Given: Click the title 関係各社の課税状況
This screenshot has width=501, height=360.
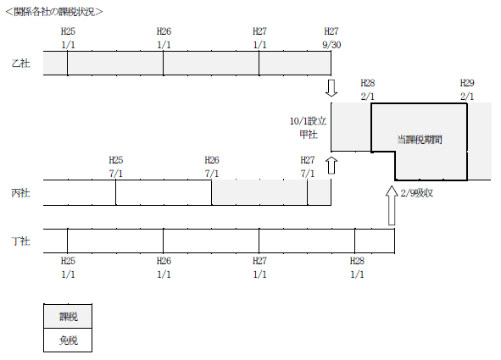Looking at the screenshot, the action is (54, 12).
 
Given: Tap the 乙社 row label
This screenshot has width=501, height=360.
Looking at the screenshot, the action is (20, 64).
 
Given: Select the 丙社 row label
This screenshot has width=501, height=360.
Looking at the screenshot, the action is (20, 193).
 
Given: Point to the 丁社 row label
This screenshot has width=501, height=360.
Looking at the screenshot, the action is (20, 241).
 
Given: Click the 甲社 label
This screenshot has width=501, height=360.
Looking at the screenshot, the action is (309, 135).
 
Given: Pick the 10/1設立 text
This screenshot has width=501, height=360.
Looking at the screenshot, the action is (308, 121).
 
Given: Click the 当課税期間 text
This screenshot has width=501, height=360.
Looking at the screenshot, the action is (420, 140).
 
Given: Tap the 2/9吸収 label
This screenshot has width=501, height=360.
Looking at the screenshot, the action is (417, 193).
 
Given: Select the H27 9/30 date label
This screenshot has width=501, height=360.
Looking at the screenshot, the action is (331, 38).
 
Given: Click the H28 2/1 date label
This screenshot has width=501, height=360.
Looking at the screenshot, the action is (368, 90).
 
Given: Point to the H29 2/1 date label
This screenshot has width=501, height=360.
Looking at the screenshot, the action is (467, 90).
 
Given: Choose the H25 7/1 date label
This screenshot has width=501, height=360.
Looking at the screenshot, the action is (115, 167).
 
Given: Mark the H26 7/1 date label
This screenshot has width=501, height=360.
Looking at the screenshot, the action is (212, 167).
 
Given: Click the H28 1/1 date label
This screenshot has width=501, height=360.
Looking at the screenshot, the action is (357, 268).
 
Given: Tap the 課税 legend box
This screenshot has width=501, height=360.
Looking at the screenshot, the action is (68, 316).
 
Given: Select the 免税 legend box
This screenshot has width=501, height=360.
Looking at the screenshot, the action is (68, 341).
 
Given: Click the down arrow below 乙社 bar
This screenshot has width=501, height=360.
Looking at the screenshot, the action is (331, 88).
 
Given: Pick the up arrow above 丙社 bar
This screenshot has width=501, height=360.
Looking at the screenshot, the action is (331, 165).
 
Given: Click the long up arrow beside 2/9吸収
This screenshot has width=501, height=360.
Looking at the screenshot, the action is (392, 206).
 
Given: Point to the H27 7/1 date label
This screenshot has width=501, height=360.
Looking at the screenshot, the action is (308, 167).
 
